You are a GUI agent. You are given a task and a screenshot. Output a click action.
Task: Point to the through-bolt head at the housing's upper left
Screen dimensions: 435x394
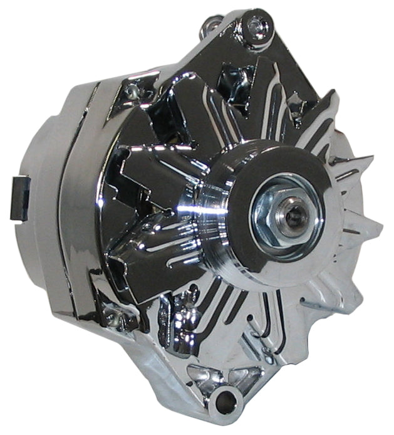point(132,91)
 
